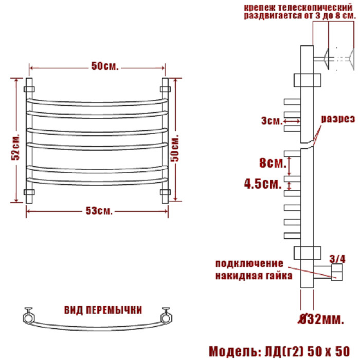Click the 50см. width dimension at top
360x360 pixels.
click(x=105, y=66)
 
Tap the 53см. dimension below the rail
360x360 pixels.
click(x=99, y=211)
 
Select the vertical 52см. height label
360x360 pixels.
click(x=15, y=146)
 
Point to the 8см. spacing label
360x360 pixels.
click(x=273, y=163)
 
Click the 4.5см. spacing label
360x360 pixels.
click(x=263, y=184)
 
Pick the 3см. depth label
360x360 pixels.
click(x=272, y=121)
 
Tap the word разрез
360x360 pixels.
click(x=338, y=119)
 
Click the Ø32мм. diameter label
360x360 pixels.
click(x=321, y=319)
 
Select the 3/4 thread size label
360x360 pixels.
click(x=337, y=259)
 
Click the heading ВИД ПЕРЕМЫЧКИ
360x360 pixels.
click(x=103, y=310)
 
